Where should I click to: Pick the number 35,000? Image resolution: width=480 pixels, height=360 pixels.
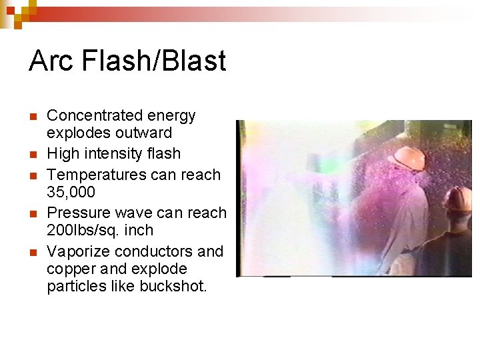pos(71,193)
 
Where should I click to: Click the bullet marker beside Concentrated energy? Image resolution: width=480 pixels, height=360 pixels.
pos(33,117)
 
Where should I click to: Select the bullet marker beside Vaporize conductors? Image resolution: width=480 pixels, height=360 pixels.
pos(33,253)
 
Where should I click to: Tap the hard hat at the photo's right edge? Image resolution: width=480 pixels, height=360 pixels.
pos(461,198)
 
